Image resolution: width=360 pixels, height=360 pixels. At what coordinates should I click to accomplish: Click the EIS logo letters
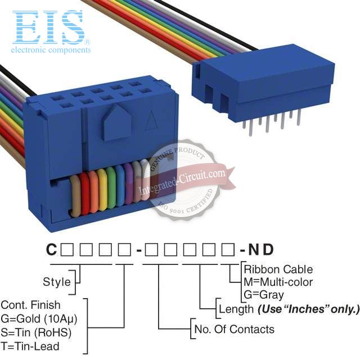point(48,27)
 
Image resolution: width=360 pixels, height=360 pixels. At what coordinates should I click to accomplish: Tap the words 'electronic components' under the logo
point(51,50)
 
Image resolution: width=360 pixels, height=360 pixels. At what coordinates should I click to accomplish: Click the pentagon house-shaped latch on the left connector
point(117,123)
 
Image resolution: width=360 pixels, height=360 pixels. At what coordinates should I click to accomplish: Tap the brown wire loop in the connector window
point(75,196)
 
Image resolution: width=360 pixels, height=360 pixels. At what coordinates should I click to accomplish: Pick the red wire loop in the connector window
point(84,193)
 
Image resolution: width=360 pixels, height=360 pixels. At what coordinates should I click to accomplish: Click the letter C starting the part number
point(51,249)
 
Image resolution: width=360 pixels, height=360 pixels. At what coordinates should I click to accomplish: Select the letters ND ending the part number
point(261,249)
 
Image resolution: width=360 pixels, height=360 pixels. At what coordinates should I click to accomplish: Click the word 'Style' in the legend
point(57,282)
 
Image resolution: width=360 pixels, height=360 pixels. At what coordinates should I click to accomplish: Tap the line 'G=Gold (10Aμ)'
point(39,319)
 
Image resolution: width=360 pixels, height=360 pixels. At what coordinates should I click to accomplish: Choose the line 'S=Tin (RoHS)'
point(36,332)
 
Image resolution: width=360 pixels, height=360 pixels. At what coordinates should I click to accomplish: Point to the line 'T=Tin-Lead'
point(30,346)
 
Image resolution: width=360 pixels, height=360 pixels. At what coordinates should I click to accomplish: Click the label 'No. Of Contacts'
point(234,329)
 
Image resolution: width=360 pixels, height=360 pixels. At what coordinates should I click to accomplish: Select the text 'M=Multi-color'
point(278,282)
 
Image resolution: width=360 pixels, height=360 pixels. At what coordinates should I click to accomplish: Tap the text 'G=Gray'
point(264,295)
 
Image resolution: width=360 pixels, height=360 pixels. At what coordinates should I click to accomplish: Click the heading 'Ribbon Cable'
point(278,269)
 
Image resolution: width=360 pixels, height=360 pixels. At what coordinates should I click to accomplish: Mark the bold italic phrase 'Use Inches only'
point(308,309)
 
